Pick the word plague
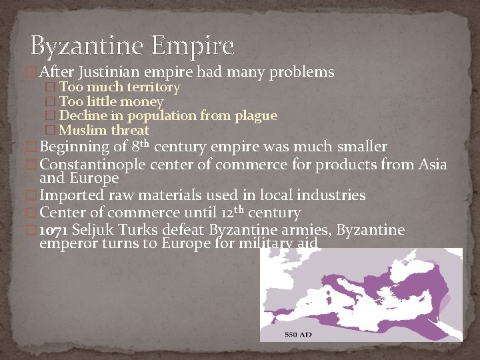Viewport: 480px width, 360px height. coord(256,116)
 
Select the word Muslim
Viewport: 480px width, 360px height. coord(83,131)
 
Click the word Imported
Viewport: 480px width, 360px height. coord(72,195)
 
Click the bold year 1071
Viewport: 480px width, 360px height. coord(54,230)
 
